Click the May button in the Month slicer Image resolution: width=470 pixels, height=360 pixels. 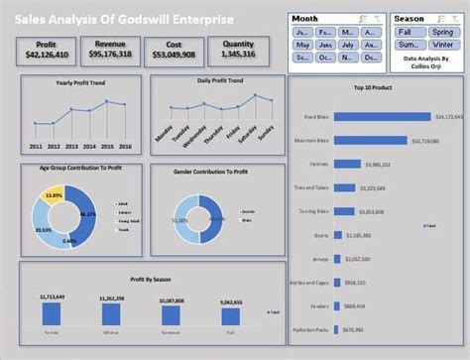tap(302, 45)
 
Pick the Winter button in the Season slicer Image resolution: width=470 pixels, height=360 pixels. tap(443, 45)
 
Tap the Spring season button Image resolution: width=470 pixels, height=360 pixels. tap(443, 32)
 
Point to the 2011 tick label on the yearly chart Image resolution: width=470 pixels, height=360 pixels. tap(36, 145)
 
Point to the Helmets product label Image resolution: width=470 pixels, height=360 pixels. tap(318, 164)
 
